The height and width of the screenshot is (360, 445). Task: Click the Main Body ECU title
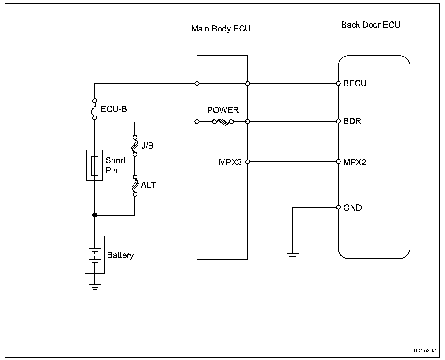pyautogui.click(x=221, y=29)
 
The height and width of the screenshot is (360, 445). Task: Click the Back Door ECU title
pyautogui.click(x=371, y=25)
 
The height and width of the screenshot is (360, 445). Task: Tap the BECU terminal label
pyautogui.click(x=355, y=83)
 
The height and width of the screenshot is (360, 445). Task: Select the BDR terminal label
pyautogui.click(x=352, y=121)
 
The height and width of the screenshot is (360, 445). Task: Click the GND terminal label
pyautogui.click(x=352, y=208)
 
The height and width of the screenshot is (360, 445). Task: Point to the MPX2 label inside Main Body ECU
pyautogui.click(x=230, y=162)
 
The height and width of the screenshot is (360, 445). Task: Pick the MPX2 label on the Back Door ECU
pyautogui.click(x=355, y=162)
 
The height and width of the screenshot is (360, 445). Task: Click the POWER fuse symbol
pyautogui.click(x=223, y=122)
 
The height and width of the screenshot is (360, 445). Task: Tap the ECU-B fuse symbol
pyautogui.click(x=94, y=109)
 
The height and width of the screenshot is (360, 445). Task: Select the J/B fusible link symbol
pyautogui.click(x=135, y=146)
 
